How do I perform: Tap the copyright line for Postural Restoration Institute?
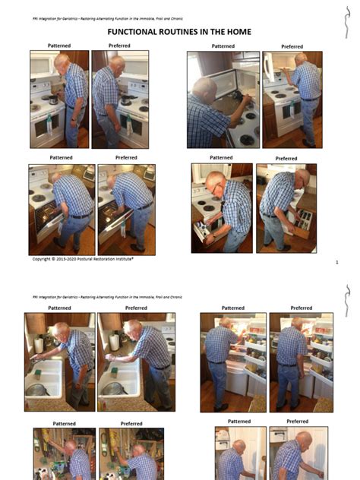click(83, 259)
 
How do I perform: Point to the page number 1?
click(336, 261)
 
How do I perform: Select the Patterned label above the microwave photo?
click(223, 46)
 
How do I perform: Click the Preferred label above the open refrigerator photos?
click(301, 308)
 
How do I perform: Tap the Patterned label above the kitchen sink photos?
click(59, 308)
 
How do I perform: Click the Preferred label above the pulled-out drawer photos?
click(286, 159)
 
